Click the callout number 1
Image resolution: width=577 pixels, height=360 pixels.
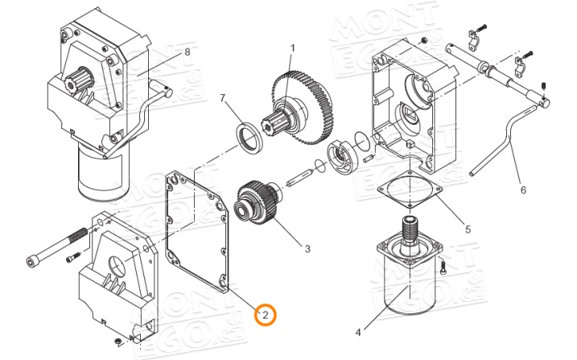[x=292, y=48]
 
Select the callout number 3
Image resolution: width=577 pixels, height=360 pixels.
[x=307, y=249]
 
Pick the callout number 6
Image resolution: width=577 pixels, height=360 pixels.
[x=522, y=191]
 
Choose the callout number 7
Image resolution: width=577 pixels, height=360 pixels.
[x=224, y=98]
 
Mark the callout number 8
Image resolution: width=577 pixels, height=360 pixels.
[x=188, y=52]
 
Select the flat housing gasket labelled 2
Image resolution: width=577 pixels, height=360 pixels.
[x=196, y=230]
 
